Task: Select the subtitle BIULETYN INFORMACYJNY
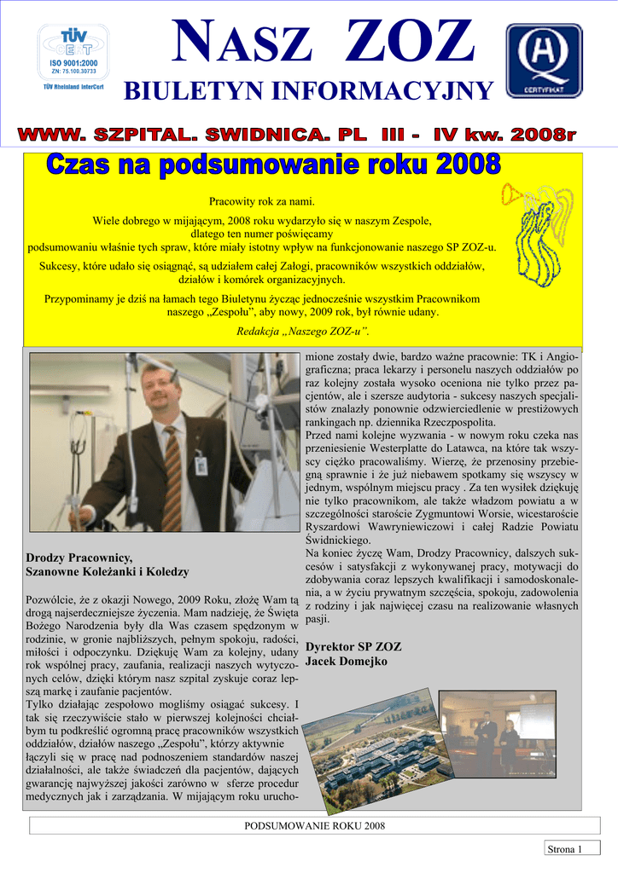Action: coord(309,91)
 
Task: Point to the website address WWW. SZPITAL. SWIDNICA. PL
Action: coord(195,135)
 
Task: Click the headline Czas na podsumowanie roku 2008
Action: coord(272,165)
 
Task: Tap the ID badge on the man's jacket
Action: coord(201,465)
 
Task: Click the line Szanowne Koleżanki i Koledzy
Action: coord(108,571)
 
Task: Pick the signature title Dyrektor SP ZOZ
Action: coord(353,646)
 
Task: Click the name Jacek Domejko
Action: coord(347,661)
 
